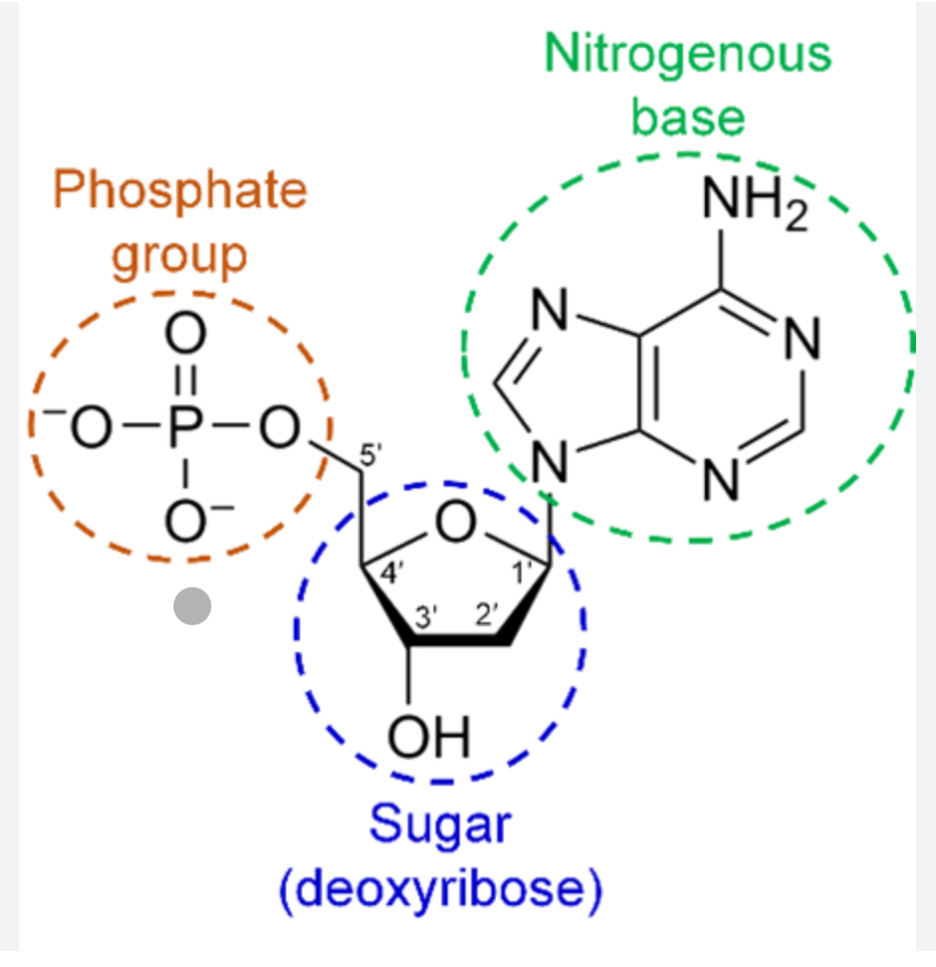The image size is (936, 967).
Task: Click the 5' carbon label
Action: click(370, 456)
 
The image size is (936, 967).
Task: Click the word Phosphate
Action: click(179, 189)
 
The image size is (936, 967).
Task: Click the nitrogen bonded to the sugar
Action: click(546, 461)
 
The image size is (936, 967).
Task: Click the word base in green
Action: click(688, 117)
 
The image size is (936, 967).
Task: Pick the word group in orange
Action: click(178, 253)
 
